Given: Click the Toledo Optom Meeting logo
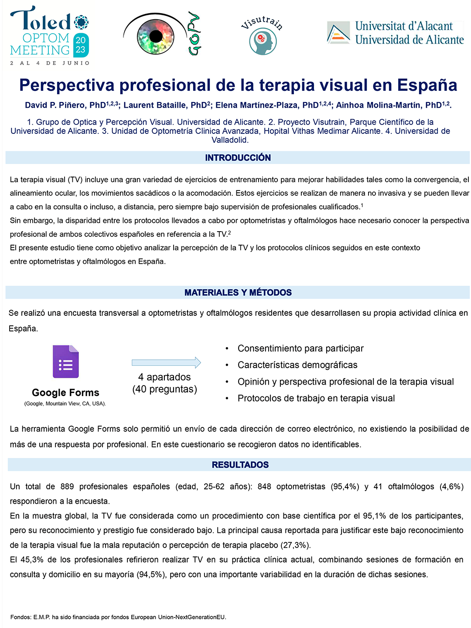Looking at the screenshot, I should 49,33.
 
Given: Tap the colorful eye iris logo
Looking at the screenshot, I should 156,36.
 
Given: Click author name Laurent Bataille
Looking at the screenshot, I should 165,105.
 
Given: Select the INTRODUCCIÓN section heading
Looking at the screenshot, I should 238,158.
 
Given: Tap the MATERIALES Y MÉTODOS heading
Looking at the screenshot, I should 238,293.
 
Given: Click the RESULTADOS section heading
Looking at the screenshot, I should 240,465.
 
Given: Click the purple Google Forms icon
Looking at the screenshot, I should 66,362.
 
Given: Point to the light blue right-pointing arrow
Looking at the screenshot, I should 166,362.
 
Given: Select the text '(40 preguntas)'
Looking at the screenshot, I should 164,389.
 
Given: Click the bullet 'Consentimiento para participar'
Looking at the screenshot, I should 300,348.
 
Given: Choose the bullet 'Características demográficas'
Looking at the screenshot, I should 297,365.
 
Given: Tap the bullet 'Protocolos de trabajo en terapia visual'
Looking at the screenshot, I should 316,398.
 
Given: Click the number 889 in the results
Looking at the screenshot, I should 67,487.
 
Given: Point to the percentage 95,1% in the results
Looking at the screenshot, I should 374,516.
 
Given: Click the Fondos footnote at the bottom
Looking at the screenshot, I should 118,617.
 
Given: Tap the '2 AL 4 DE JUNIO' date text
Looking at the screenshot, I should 50,63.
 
